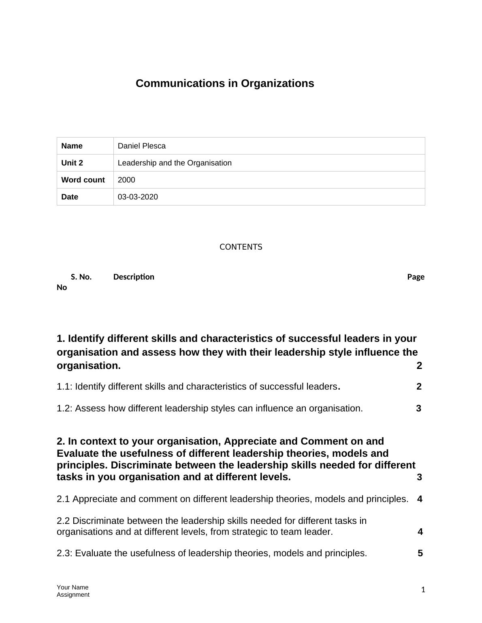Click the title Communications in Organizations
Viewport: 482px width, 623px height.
point(225,83)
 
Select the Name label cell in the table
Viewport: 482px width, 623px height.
point(72,146)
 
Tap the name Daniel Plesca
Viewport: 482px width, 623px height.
point(141,146)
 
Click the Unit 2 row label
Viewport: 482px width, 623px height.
point(72,163)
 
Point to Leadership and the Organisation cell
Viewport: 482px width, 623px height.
point(175,163)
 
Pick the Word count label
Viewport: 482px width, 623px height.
point(83,180)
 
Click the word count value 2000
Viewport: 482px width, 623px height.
point(126,180)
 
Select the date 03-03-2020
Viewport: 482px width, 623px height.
point(138,197)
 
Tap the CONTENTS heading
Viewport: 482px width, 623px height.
point(241,247)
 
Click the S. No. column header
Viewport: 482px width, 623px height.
point(81,277)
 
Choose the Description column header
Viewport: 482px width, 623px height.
point(134,277)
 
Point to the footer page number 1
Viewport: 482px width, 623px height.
point(423,590)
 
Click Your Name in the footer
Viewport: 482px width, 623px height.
point(73,587)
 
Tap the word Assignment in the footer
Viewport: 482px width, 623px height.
point(73,595)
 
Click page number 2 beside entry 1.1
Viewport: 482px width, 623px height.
point(419,387)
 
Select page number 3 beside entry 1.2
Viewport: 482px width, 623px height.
point(418,409)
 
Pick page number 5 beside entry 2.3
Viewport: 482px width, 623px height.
point(420,553)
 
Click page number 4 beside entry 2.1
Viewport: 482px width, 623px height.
point(420,499)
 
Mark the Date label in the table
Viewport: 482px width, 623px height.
point(69,197)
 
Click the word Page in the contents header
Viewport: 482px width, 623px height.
point(416,277)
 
